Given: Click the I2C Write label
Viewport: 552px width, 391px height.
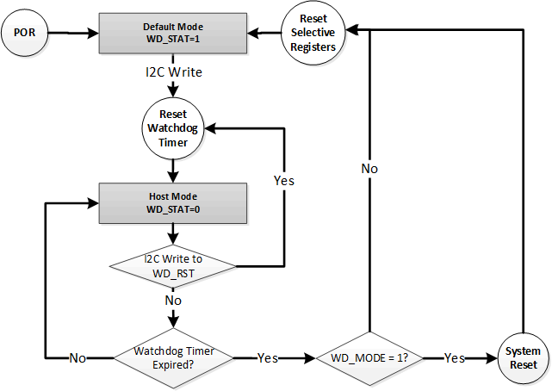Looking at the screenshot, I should (x=174, y=72).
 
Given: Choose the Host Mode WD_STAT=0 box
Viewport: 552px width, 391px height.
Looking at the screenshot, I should (x=174, y=202).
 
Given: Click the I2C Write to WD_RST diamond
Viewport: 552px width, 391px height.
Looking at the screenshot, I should (x=174, y=264).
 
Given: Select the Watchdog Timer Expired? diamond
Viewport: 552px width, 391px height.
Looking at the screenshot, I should (x=174, y=357).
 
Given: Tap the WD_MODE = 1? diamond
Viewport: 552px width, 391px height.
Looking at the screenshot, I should (x=370, y=357).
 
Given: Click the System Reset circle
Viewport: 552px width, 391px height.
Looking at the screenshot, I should (x=523, y=357).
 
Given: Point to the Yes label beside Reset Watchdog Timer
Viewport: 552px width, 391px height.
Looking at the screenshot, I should (x=283, y=181).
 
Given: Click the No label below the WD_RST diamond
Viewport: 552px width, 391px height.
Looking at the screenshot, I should (x=174, y=301).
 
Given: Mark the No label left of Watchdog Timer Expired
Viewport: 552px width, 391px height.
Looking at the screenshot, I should (x=78, y=357).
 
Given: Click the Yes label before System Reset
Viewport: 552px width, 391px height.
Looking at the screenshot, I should (x=455, y=357).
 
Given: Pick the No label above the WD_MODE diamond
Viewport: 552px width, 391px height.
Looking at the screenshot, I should (x=369, y=169).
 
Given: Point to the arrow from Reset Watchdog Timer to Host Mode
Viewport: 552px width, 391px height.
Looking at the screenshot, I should (x=174, y=171).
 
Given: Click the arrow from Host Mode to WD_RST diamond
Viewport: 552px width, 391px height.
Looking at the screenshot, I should (x=174, y=234).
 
